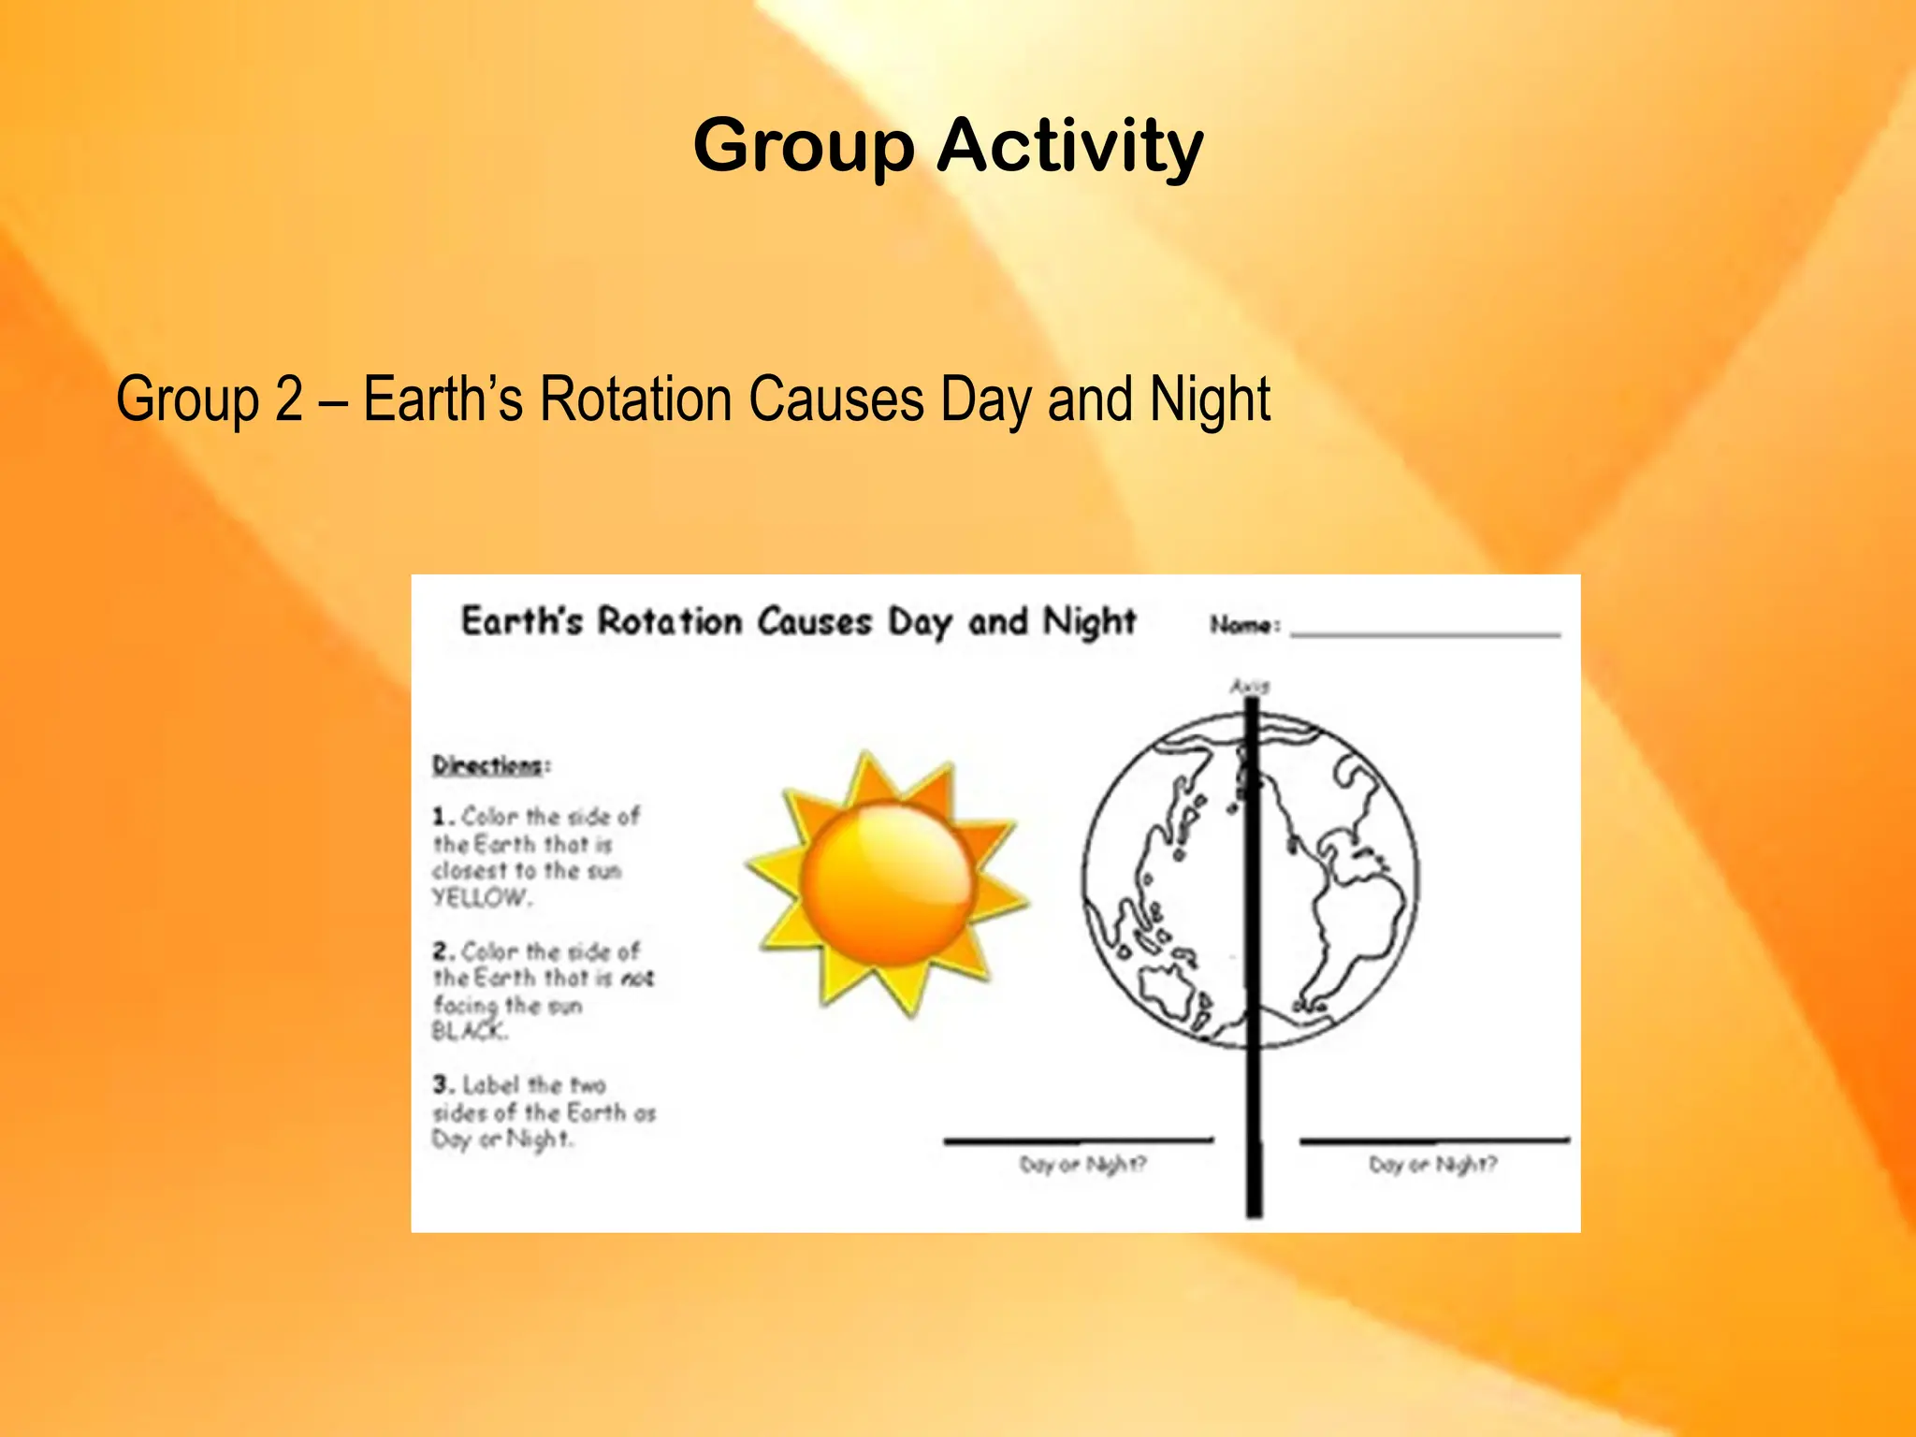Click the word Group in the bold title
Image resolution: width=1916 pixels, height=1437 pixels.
tap(803, 147)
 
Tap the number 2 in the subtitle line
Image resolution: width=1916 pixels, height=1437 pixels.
tap(288, 399)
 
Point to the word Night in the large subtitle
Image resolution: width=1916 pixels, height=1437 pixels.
tap(1209, 399)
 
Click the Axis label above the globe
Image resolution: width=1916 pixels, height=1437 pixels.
tap(1250, 687)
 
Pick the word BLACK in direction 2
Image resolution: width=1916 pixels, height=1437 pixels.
tap(469, 1032)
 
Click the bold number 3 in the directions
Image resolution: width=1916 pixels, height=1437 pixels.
tap(442, 1085)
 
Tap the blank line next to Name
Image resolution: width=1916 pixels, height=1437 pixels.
tap(1425, 634)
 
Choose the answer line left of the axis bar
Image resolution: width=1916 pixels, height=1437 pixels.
tap(1078, 1140)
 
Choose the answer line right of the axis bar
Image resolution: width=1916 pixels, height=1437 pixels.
tap(1434, 1140)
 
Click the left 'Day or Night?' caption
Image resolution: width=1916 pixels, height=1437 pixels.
tap(1082, 1165)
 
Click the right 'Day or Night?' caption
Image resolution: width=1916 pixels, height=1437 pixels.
tap(1432, 1165)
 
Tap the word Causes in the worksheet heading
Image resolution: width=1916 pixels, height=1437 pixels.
tap(814, 621)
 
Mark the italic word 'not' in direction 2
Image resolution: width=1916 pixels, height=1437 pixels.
tap(638, 979)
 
